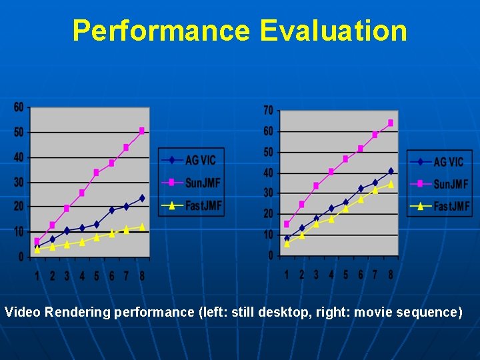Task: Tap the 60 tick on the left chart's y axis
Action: (18, 107)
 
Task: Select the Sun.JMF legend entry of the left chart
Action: (191, 182)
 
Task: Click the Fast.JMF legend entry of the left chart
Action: (191, 205)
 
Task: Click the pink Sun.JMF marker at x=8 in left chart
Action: (142, 131)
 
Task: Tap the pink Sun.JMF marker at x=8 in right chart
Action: (391, 123)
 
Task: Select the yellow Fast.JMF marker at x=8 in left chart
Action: (142, 227)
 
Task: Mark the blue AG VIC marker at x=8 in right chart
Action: (391, 171)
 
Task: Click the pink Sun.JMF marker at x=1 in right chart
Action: (287, 224)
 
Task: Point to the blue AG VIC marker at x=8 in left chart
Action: (142, 198)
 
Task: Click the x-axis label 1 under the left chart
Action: (37, 275)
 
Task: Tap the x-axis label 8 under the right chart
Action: (391, 274)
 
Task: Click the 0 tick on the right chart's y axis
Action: (270, 255)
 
